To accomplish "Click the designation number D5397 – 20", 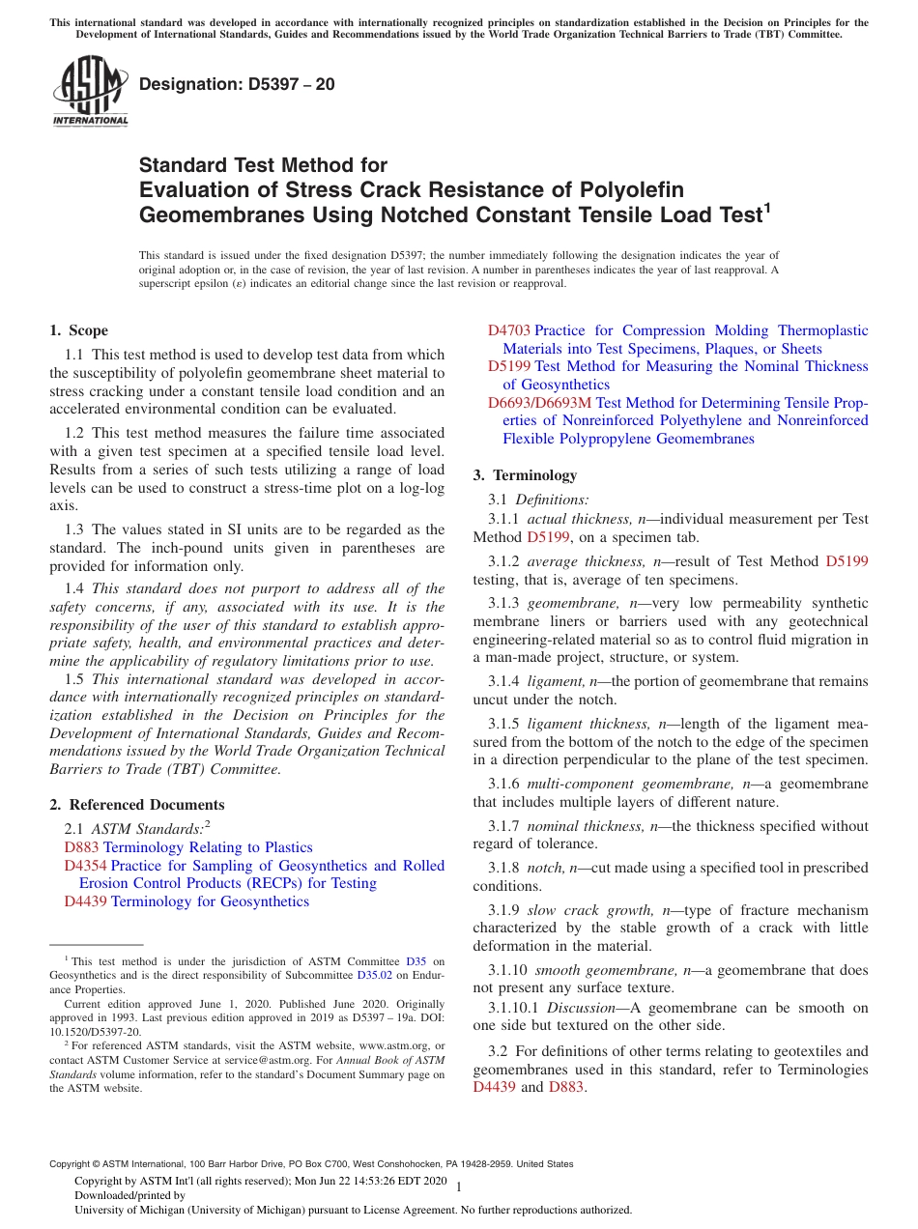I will click(237, 85).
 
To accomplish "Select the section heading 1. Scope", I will click(79, 330).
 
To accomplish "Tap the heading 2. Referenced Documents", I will click(137, 805).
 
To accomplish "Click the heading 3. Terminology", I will click(525, 475).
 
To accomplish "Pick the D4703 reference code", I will click(508, 330).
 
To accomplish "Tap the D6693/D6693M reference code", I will click(539, 403).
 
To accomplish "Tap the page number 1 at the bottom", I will click(458, 1186).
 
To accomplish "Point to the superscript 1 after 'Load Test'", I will click(767, 206).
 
